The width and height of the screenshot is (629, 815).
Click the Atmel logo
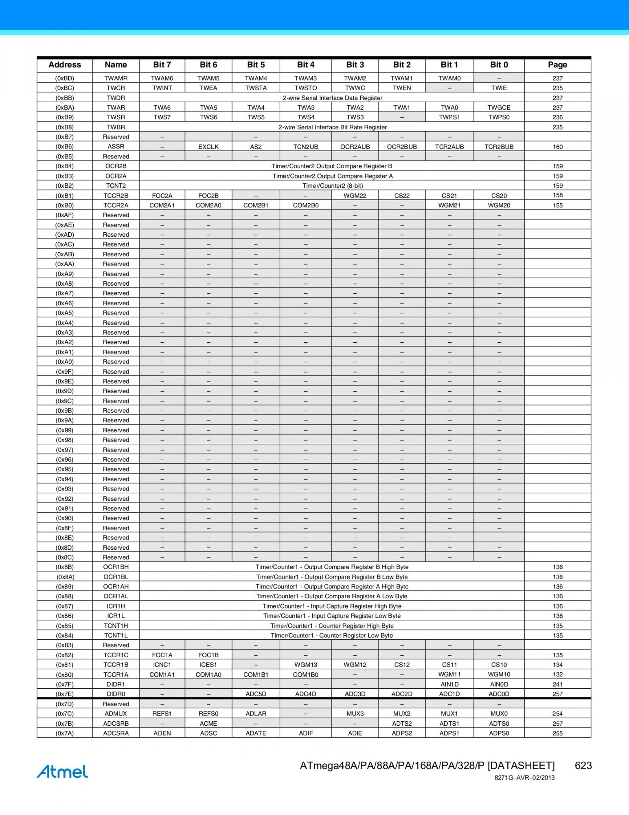(x=62, y=771)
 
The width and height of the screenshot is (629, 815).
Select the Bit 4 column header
(x=305, y=65)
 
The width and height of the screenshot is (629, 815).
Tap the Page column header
(x=557, y=65)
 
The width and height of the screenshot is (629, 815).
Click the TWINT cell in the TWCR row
(x=162, y=88)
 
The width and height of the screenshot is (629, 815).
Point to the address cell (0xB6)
(x=65, y=147)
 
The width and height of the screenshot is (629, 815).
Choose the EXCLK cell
(x=208, y=147)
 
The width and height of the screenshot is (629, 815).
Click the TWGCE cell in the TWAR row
(x=499, y=108)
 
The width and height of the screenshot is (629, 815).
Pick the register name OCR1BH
(x=116, y=567)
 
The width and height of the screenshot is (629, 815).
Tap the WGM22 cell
(x=355, y=196)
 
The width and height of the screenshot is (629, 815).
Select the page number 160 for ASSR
(x=557, y=147)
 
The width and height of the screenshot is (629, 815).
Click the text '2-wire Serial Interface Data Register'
(x=332, y=98)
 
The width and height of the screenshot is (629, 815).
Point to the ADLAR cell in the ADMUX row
(x=256, y=714)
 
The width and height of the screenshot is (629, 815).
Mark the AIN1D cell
(x=449, y=684)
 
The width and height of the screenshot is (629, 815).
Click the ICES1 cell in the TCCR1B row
(x=208, y=665)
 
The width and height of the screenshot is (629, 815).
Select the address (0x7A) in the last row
(x=65, y=733)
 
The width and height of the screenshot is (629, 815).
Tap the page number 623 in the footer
(x=583, y=766)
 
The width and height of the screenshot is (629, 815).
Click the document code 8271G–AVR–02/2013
(x=524, y=778)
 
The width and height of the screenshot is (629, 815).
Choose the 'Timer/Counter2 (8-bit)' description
(x=332, y=186)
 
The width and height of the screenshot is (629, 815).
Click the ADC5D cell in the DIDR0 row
(x=256, y=694)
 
